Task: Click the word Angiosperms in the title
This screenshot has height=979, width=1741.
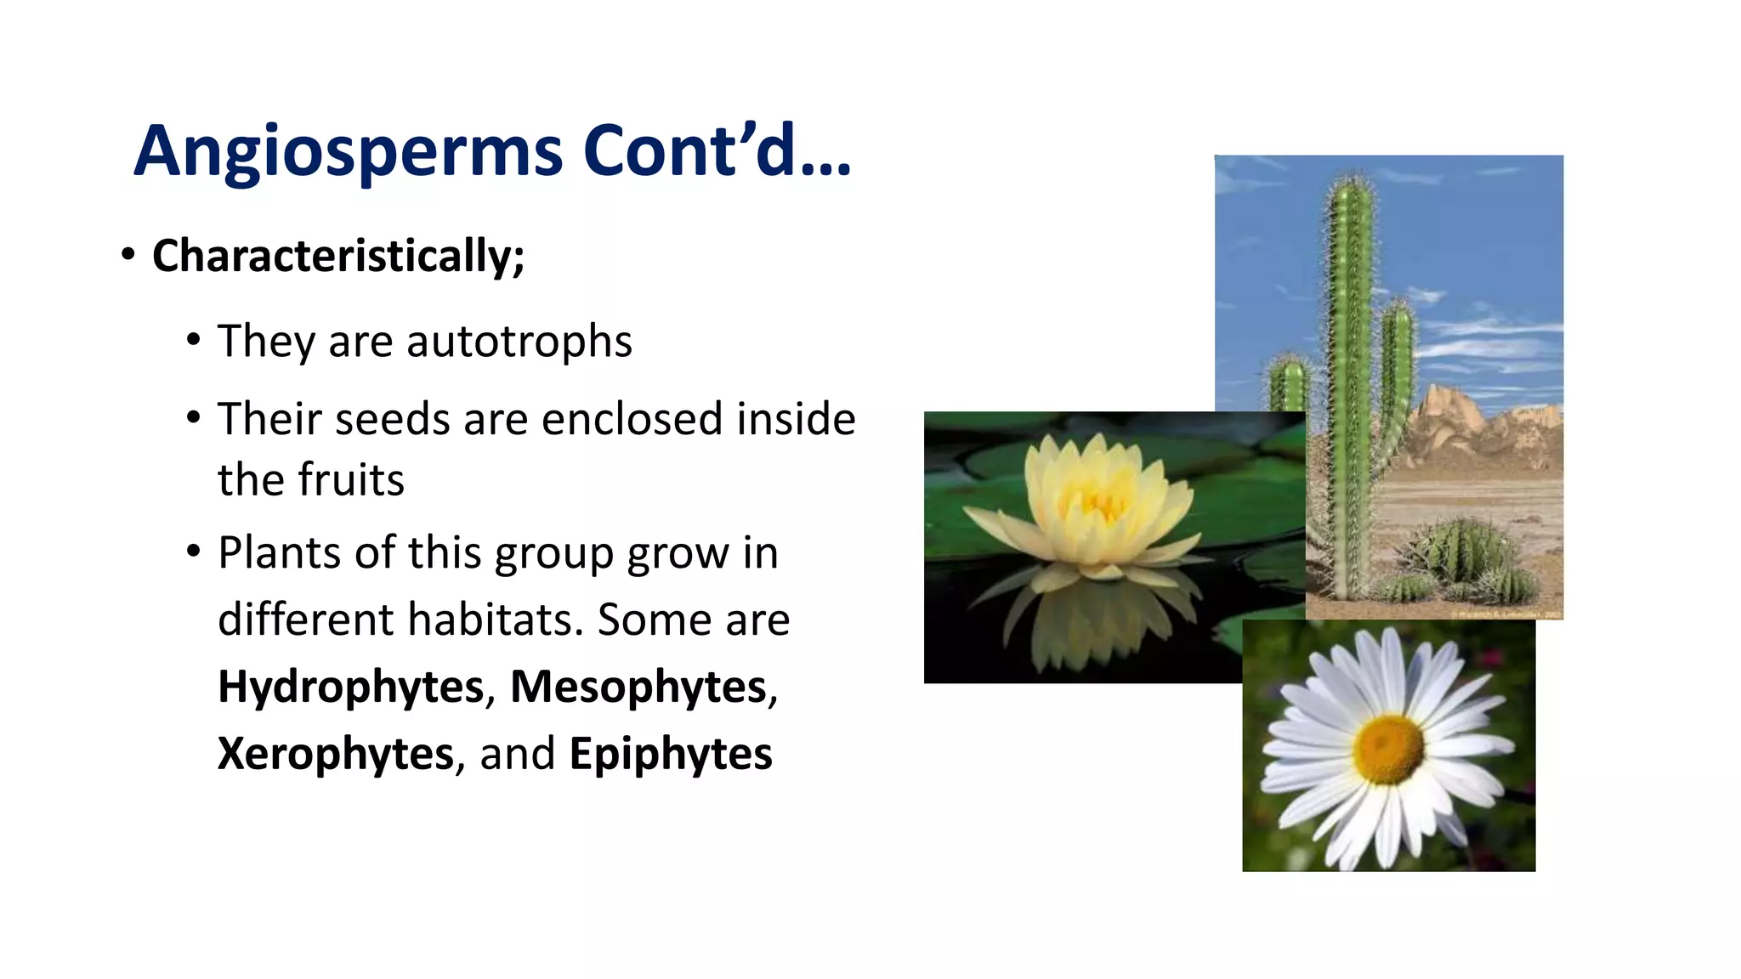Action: (349, 151)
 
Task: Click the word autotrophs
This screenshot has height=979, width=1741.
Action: (519, 342)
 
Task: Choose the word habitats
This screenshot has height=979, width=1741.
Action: (496, 619)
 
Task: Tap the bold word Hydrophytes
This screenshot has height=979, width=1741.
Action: (350, 687)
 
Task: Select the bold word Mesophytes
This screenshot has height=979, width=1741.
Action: (638, 687)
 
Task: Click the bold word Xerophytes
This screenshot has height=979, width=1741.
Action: (336, 754)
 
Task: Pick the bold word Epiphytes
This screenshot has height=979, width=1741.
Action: (671, 754)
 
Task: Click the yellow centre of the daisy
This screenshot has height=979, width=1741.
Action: (1388, 749)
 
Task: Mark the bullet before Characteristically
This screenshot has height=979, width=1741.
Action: (128, 254)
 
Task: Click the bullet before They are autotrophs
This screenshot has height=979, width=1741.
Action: (194, 341)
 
